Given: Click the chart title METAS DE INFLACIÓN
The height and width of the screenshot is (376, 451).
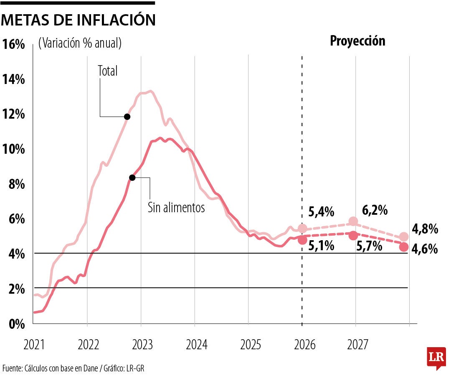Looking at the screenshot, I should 78,20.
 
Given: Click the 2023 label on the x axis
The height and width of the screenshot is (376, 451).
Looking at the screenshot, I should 142,345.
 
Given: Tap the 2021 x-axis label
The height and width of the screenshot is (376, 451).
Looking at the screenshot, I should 35,345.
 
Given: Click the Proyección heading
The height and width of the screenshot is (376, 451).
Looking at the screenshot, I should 357,41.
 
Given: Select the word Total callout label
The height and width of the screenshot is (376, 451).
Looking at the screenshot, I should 108,71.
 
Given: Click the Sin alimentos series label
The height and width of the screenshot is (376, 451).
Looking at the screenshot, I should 176,207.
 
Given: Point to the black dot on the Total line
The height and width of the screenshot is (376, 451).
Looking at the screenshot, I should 127,117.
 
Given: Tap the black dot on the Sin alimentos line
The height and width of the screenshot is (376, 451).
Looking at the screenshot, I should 132,178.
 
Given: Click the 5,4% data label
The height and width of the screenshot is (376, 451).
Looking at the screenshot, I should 321,212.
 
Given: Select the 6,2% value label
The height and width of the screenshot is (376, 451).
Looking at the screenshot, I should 375,210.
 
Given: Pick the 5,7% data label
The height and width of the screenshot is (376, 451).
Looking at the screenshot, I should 370,246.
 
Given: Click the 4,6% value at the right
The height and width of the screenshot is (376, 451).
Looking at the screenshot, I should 425,249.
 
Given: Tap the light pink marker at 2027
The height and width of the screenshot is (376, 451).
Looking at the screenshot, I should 353,221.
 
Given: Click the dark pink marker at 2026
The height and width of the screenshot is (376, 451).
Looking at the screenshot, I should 302,240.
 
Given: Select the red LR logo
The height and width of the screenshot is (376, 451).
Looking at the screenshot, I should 436,358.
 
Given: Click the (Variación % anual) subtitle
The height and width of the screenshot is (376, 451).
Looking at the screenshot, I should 80,43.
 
